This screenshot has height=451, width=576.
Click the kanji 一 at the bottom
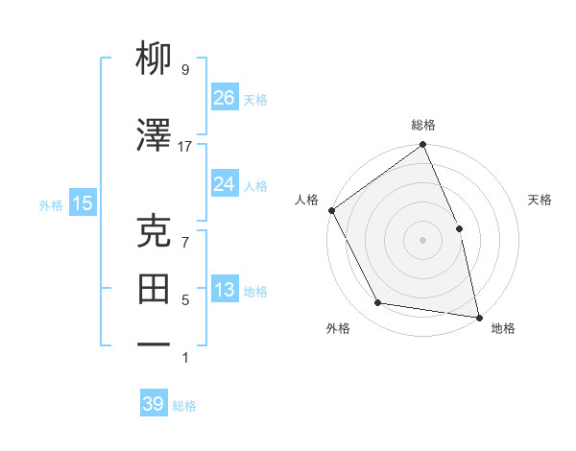click(x=155, y=344)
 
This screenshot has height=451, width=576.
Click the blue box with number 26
click(x=224, y=98)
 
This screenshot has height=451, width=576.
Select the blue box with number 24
click(x=224, y=184)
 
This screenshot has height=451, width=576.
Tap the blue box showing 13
click(x=224, y=290)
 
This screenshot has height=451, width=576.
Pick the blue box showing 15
click(x=82, y=203)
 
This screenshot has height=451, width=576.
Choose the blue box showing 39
click(x=153, y=404)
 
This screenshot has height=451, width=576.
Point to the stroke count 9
click(x=184, y=69)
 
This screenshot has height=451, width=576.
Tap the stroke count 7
click(x=184, y=242)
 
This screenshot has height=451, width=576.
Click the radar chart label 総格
click(x=423, y=125)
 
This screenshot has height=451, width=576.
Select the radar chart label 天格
click(x=540, y=200)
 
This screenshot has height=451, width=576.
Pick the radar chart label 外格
click(x=338, y=328)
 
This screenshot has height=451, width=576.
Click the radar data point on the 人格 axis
click(x=331, y=210)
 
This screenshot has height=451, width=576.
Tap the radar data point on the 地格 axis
click(x=479, y=316)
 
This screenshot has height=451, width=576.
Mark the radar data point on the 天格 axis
click(x=459, y=228)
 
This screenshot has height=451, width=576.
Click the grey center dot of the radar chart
click(x=422, y=240)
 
